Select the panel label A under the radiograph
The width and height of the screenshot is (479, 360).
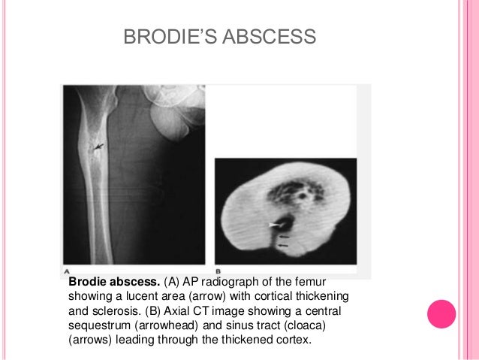(67, 271)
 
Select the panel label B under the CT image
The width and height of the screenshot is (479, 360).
(218, 271)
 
